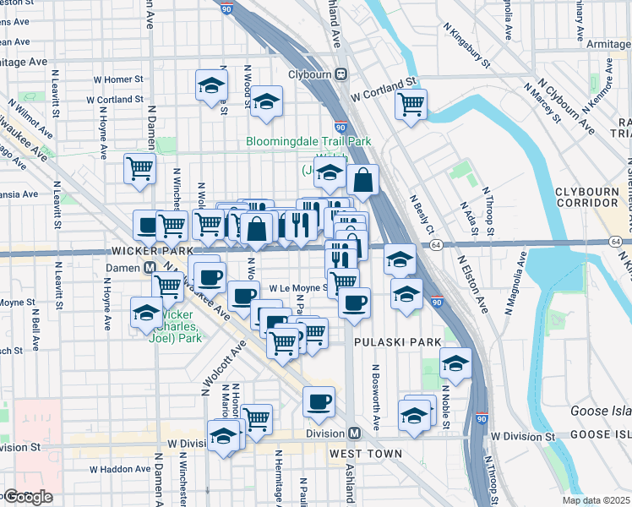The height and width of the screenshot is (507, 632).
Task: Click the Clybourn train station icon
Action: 342,74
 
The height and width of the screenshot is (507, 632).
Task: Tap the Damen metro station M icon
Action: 149,267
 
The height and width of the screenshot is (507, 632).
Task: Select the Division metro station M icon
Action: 355,433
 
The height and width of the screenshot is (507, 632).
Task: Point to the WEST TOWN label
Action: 365,454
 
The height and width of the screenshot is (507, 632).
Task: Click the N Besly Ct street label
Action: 422,215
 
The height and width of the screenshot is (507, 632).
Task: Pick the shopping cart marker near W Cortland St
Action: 411,105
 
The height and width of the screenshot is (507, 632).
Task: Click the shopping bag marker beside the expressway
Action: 362,179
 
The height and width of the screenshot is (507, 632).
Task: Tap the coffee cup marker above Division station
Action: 319,402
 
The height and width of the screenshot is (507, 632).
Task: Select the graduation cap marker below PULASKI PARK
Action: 455,363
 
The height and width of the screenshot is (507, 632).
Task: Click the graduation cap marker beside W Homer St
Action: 211,84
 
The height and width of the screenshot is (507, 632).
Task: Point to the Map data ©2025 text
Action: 595,500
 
